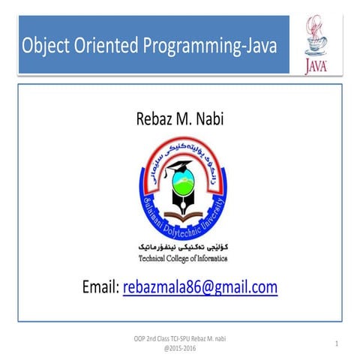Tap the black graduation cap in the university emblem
(179, 167)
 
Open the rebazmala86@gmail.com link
(200, 286)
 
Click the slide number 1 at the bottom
(338, 343)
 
